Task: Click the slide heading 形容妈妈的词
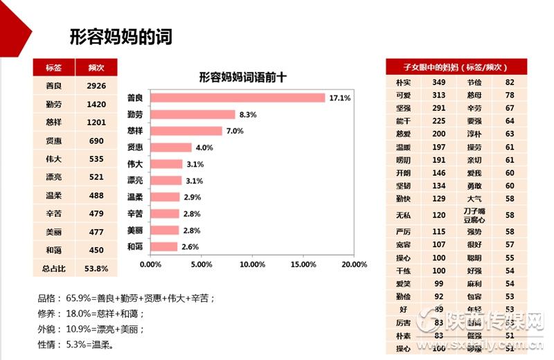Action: pos(120,36)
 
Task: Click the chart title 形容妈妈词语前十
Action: pos(242,78)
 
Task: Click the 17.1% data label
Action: pos(339,98)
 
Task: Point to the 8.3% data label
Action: pos(248,114)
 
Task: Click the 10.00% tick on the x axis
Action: pos(252,264)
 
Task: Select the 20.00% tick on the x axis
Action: pos(354,264)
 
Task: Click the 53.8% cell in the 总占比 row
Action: pos(96,268)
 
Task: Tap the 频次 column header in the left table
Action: pos(96,67)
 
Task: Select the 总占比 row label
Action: pos(54,268)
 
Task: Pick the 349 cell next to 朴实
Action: pos(438,82)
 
